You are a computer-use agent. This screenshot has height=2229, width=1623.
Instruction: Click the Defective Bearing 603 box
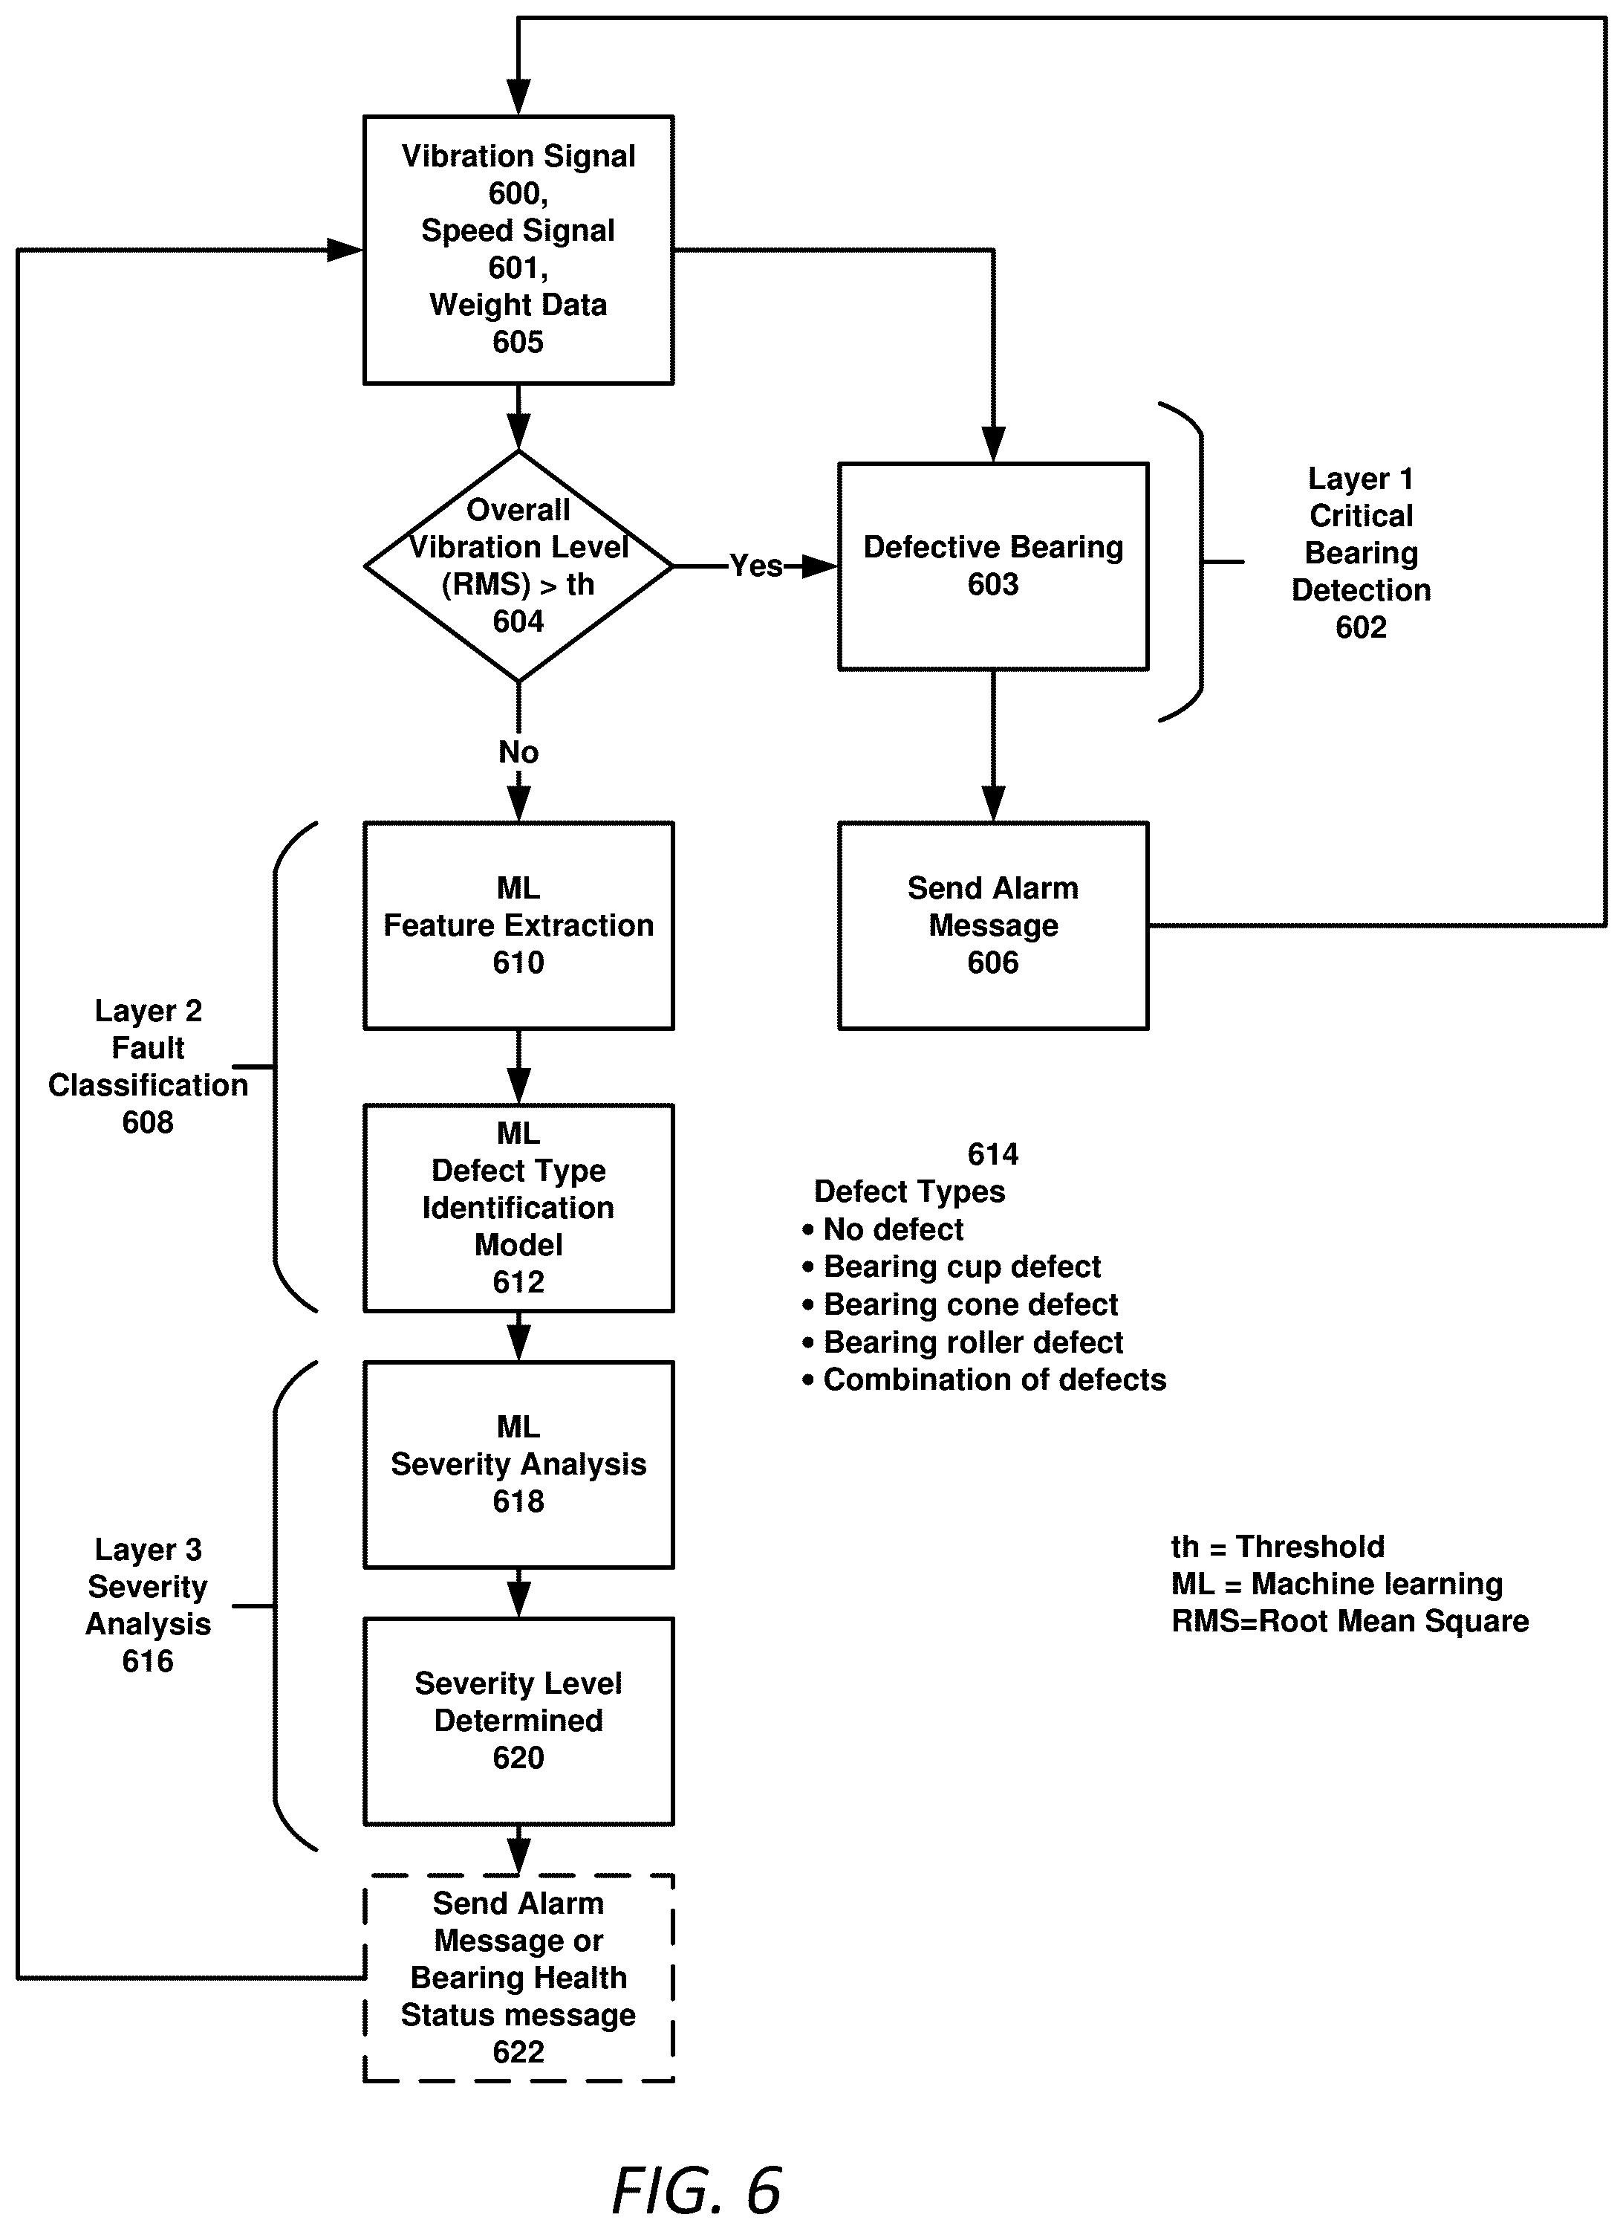pos(992,566)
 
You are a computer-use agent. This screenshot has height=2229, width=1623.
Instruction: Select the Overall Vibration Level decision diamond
pos(518,566)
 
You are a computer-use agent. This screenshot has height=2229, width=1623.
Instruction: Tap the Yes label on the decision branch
pos(755,566)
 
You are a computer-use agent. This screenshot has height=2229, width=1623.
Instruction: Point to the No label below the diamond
pos(518,752)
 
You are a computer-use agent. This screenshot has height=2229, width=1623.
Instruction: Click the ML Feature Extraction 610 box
pos(518,926)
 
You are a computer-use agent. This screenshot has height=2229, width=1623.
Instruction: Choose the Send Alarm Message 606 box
pos(992,926)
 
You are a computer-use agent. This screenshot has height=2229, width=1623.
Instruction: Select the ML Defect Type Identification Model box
pos(518,1208)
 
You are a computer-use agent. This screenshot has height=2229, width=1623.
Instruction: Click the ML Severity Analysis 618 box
pos(518,1464)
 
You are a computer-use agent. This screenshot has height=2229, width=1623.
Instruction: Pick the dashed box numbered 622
pos(518,1979)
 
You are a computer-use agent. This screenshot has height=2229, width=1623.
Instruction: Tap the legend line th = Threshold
pos(1277,1547)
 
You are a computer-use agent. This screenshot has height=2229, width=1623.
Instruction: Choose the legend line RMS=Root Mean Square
pos(1350,1622)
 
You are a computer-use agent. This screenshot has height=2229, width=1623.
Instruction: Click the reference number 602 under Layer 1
pos(1361,627)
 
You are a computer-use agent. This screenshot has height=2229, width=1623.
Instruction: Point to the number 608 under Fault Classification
pos(147,1122)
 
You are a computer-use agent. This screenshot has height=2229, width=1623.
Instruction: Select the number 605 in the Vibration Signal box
pos(518,342)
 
